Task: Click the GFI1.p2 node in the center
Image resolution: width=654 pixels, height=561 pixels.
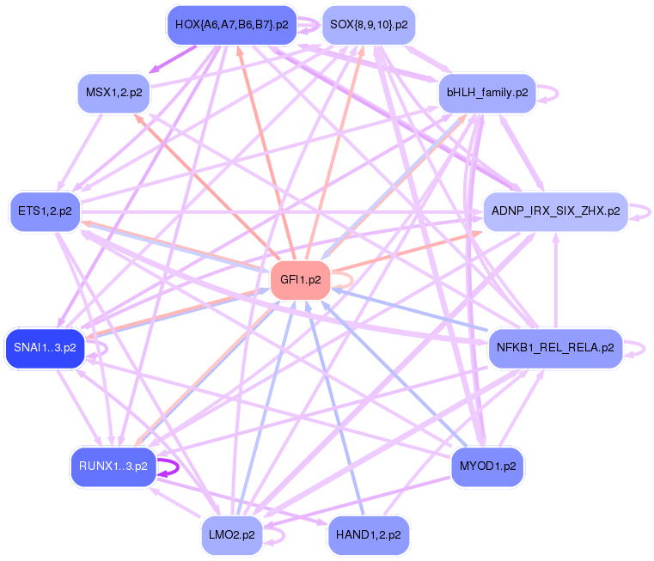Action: click(301, 280)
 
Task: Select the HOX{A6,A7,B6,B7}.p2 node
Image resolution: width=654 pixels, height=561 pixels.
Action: click(231, 25)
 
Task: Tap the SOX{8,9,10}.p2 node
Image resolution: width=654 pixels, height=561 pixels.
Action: click(369, 25)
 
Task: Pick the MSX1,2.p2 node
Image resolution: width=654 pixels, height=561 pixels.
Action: click(114, 92)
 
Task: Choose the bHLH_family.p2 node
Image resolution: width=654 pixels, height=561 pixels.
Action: click(487, 92)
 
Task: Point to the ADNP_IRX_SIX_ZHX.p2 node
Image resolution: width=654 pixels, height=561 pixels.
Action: click(556, 210)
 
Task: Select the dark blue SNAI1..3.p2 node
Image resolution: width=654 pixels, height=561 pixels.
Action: click(45, 348)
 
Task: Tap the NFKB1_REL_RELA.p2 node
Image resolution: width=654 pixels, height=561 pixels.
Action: click(555, 348)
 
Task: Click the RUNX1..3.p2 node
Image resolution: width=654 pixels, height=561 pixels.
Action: click(113, 466)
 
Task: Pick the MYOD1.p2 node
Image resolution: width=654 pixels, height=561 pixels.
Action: click(487, 466)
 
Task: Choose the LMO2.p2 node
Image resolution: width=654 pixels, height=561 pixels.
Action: click(232, 534)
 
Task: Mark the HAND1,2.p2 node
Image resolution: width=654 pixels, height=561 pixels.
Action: click(369, 534)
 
